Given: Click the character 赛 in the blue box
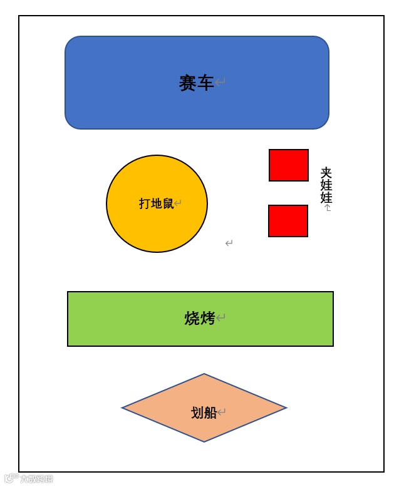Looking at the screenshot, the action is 188,83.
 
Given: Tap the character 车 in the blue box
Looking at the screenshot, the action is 205,83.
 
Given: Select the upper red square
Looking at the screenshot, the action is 289,165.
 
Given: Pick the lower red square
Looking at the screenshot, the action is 288,221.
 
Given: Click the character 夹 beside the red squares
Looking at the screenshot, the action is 326,173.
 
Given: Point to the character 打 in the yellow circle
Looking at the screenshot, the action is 145,203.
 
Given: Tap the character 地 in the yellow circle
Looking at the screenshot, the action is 157,203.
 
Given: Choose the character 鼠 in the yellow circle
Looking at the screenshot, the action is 168,203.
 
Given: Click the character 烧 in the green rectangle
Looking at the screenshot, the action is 192,319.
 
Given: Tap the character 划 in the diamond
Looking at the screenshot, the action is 197,413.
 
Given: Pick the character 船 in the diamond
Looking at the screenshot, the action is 210,413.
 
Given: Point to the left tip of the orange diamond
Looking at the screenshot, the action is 123,408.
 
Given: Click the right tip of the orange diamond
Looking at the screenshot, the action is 286,408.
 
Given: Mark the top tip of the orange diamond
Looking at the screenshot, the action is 204,374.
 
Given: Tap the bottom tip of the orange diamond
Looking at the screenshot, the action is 204,441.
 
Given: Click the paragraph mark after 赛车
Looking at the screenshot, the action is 220,82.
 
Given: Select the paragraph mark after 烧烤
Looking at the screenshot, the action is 220,318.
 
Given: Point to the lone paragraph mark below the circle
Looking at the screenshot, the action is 229,243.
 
